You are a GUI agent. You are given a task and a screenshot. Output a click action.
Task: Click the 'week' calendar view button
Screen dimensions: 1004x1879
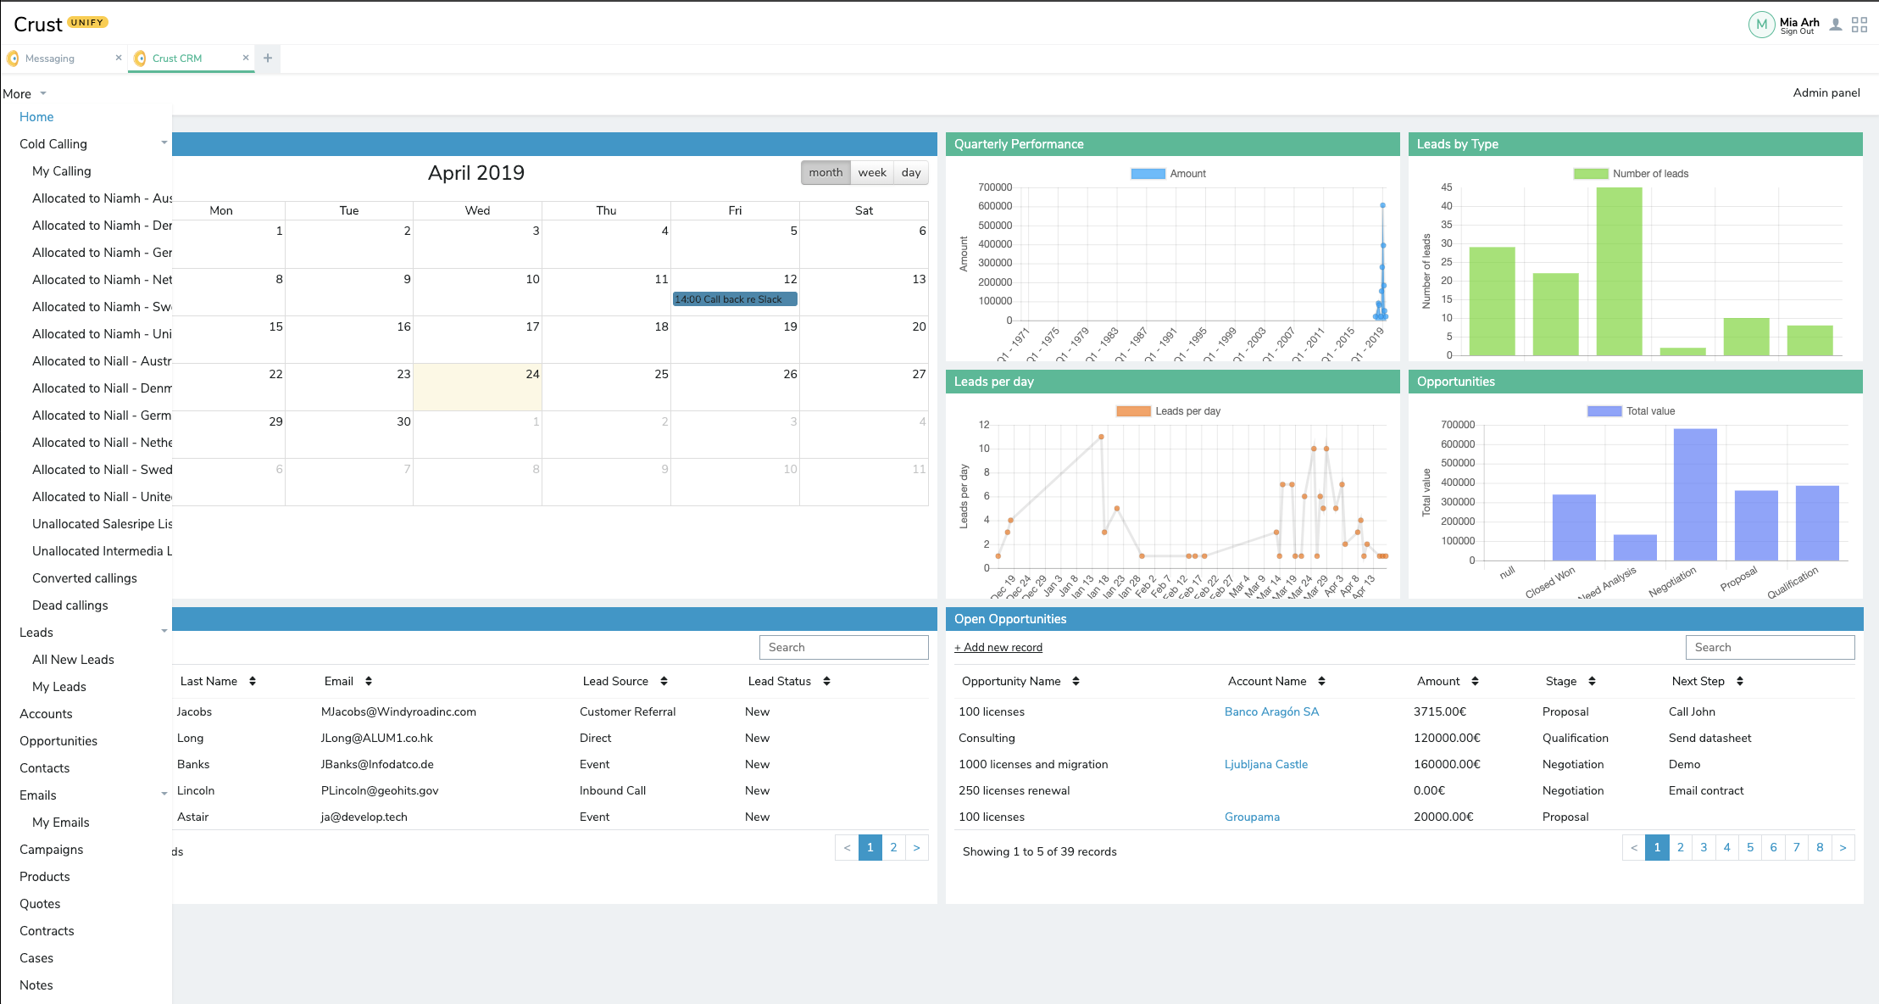click(x=871, y=172)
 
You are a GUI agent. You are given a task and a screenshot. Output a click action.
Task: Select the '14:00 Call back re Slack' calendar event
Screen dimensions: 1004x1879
click(x=734, y=299)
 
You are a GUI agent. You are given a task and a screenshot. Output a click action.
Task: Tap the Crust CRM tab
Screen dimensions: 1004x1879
click(x=177, y=59)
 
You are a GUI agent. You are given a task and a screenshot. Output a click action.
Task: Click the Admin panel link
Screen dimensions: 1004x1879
click(x=1826, y=93)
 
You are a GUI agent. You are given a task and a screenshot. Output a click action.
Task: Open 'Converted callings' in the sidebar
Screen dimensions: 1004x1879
click(x=84, y=578)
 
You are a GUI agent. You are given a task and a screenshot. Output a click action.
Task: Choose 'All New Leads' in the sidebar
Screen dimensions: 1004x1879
click(x=73, y=660)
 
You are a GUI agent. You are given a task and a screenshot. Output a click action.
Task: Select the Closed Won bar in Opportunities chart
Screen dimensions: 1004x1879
click(x=1573, y=527)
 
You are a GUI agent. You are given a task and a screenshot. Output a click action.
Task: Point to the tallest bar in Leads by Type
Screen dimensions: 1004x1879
click(x=1618, y=271)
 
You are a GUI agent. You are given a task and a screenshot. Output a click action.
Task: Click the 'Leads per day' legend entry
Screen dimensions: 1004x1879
click(x=1169, y=411)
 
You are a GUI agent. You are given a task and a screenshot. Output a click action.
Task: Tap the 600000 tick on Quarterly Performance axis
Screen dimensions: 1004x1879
click(x=994, y=206)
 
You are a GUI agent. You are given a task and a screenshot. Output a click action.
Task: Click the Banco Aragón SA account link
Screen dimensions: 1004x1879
click(x=1271, y=711)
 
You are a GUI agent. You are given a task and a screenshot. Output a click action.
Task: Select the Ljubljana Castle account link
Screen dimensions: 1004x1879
click(x=1265, y=764)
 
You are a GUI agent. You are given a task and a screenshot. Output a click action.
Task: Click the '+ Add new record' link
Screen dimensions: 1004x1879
click(x=998, y=648)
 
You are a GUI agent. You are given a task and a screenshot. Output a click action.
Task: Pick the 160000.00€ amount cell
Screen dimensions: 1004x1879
click(x=1446, y=764)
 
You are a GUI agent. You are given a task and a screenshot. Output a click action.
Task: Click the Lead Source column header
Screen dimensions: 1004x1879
click(x=615, y=681)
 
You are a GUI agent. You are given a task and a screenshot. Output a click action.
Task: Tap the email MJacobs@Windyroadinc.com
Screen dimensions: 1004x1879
click(x=397, y=711)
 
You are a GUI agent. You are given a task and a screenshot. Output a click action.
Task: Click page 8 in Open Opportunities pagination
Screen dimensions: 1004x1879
click(x=1819, y=847)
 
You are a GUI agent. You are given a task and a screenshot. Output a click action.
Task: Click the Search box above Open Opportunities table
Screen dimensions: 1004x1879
click(x=1769, y=647)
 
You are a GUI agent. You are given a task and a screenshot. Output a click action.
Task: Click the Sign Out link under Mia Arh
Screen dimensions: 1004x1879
click(x=1797, y=31)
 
